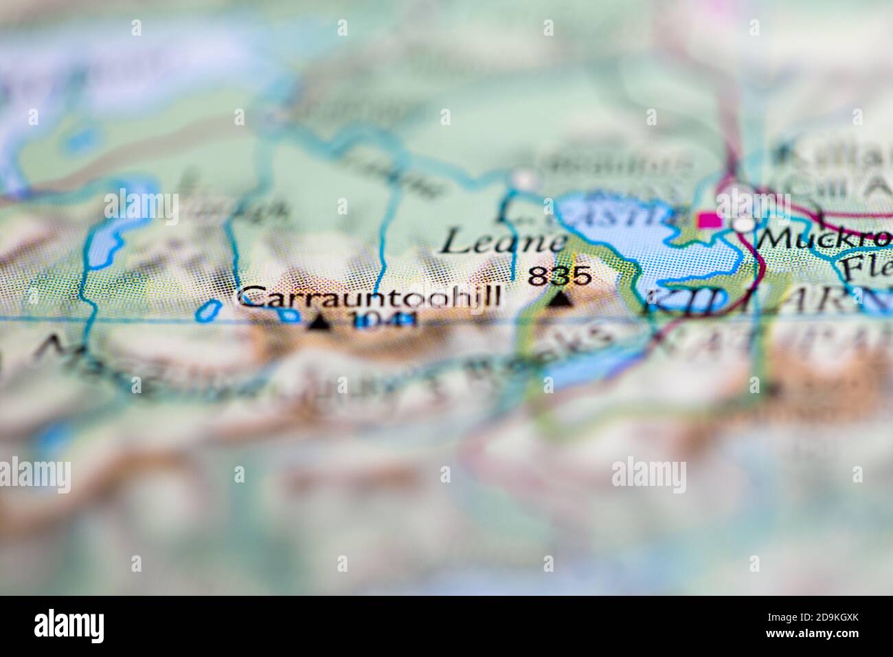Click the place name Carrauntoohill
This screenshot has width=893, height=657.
point(369,298)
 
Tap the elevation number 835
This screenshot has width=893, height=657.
point(559,276)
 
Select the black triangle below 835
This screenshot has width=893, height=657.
point(561,300)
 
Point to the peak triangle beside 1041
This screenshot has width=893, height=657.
point(317,322)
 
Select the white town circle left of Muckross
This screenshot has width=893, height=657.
point(743,225)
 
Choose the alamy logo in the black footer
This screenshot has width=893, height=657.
point(69,627)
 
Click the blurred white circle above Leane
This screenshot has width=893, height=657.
point(525,181)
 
